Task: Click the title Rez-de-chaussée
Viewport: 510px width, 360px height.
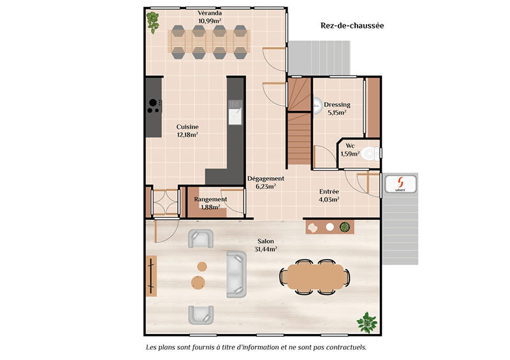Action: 352,26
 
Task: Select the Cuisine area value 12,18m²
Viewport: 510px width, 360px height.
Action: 187,134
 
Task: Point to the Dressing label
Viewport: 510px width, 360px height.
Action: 337,105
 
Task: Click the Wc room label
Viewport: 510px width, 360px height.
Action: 350,145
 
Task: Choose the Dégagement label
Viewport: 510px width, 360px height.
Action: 265,179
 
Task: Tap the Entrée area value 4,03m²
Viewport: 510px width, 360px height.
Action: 328,199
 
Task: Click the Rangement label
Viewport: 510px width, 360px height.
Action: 210,199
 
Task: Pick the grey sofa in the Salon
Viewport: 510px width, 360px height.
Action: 236,273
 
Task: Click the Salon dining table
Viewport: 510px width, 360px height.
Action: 315,276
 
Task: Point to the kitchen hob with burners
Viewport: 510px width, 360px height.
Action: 154,106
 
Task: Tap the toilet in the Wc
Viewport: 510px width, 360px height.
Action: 370,153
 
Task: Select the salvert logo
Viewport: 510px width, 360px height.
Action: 400,184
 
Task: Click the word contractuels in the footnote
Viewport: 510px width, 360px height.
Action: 344,348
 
